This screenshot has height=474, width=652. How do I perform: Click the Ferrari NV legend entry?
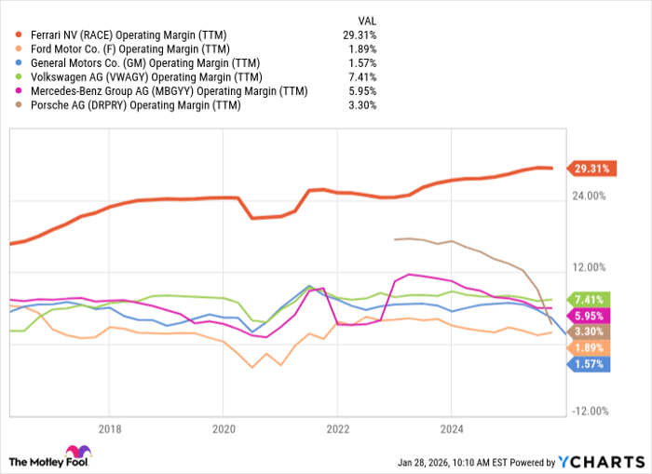(x=134, y=35)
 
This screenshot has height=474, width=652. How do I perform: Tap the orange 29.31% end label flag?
(x=590, y=169)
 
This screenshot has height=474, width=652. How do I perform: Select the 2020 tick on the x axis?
(x=224, y=429)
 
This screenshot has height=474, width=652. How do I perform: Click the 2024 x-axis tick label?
(x=451, y=429)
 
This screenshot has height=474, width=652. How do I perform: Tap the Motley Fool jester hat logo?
(x=20, y=460)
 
